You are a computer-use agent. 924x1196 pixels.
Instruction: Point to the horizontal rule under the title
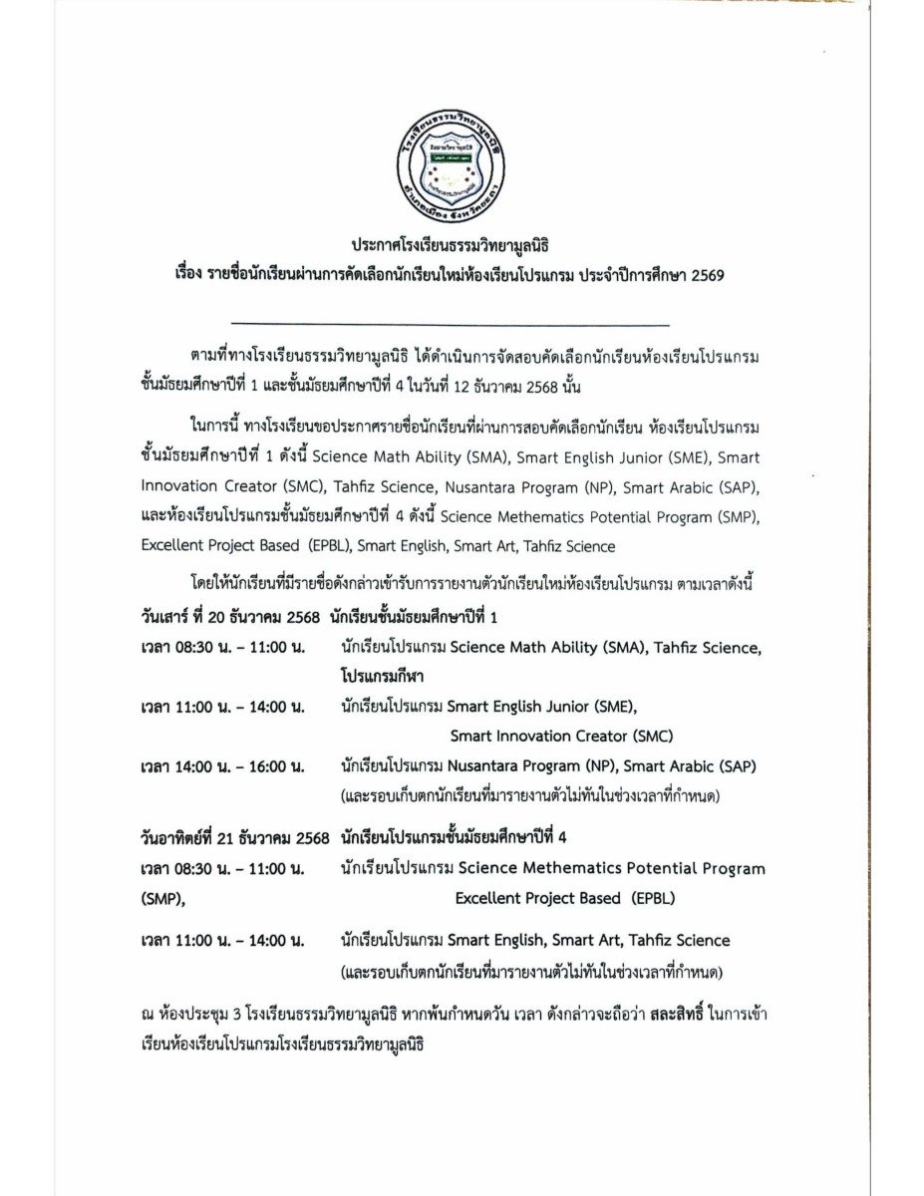[x=450, y=325]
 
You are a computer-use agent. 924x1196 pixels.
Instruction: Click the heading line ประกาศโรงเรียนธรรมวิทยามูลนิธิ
[x=450, y=244]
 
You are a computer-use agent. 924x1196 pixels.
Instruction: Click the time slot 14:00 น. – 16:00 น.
[x=222, y=766]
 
